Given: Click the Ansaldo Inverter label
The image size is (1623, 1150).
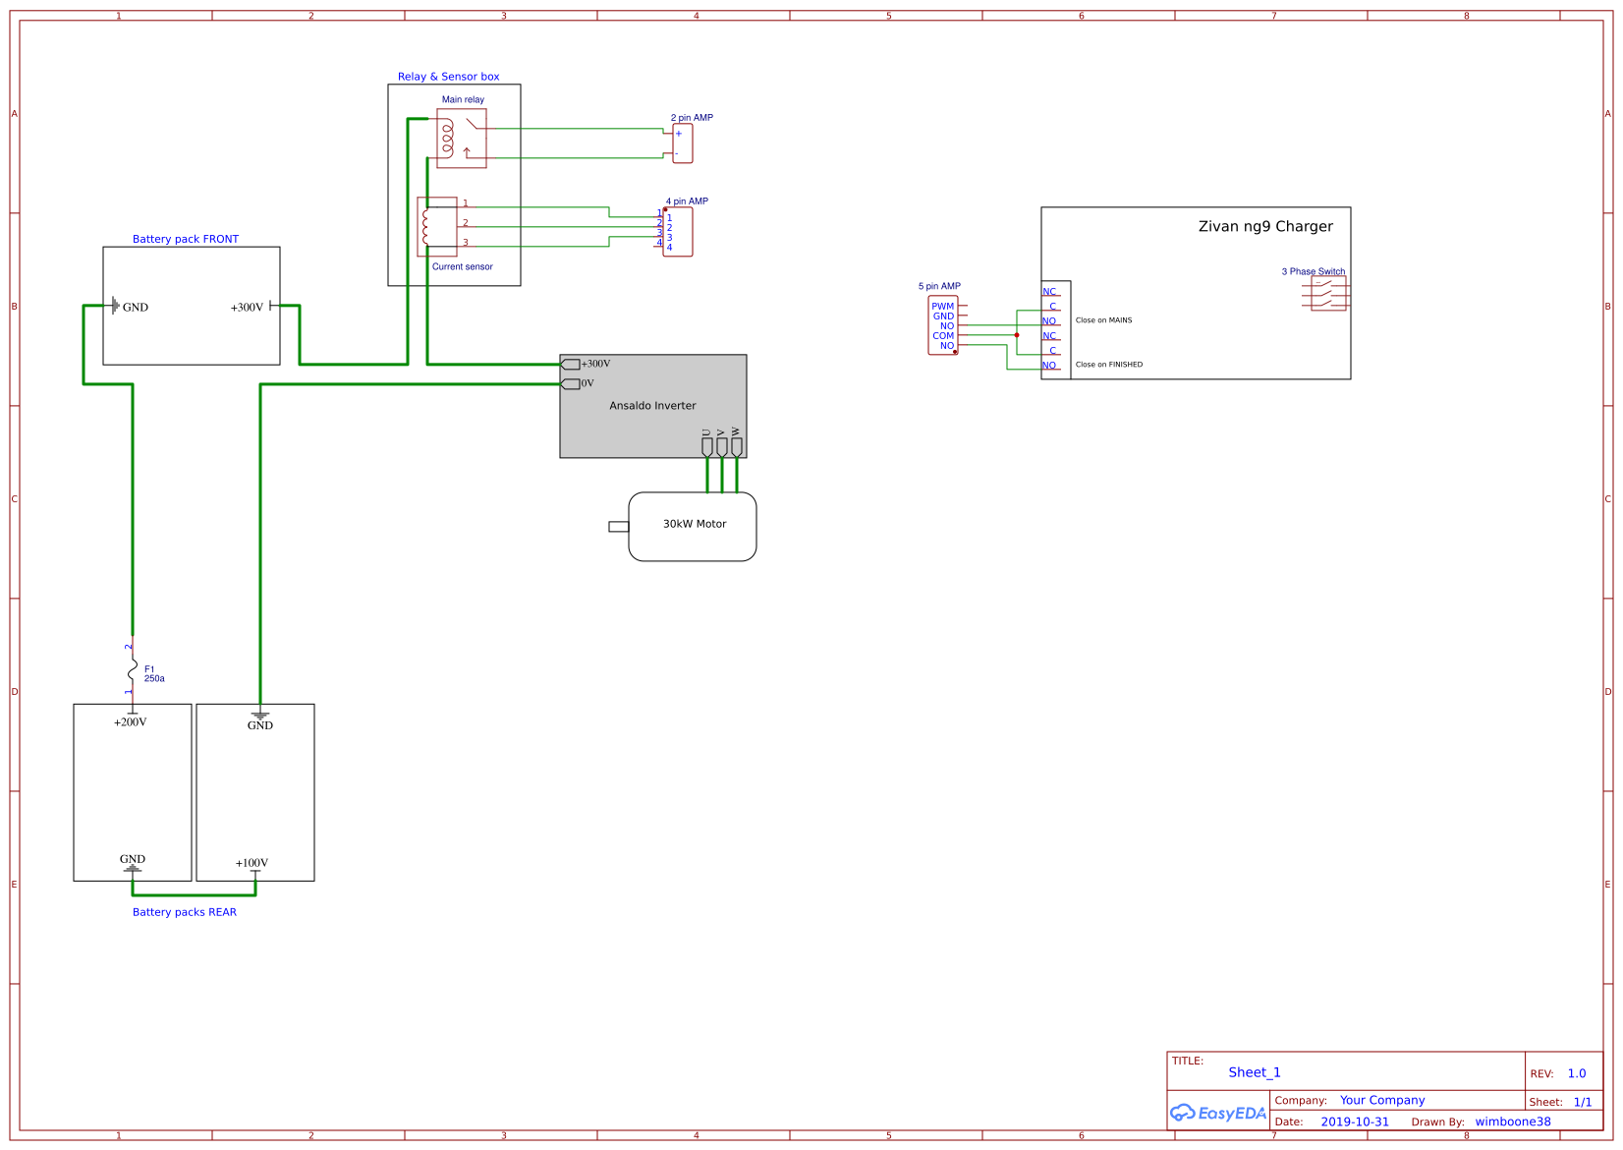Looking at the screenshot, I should [652, 405].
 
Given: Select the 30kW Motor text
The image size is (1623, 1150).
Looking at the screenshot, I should [694, 524].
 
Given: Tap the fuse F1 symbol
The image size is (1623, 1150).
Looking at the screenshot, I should [133, 671].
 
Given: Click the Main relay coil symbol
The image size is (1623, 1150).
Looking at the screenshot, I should [447, 139].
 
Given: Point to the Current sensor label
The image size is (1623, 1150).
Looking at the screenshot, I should [462, 266].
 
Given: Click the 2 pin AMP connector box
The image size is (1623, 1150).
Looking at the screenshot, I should [683, 144].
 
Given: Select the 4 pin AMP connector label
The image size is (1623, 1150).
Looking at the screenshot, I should [687, 201].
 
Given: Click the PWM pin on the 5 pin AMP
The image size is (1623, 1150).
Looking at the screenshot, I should [942, 306].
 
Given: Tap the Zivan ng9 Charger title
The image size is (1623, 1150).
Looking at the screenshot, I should [1265, 226].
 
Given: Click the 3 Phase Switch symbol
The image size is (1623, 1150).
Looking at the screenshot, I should [1328, 293].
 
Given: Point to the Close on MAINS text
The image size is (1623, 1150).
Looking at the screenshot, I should [1103, 320].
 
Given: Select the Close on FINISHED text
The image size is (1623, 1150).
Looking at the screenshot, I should [1108, 365].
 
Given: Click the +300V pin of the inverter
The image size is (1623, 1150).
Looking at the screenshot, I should [571, 364].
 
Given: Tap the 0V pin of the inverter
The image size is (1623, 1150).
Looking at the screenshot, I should [571, 383].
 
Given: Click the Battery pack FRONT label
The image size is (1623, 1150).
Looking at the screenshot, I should [186, 239].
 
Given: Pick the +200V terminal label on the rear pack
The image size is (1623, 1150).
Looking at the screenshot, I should [130, 721].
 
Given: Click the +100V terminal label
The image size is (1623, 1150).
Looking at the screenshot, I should [252, 863].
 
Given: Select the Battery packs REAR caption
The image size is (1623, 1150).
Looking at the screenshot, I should [185, 912].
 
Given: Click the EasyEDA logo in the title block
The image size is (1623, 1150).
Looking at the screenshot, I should [1218, 1113].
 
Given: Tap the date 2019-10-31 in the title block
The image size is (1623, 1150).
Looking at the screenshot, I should [1355, 1121].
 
